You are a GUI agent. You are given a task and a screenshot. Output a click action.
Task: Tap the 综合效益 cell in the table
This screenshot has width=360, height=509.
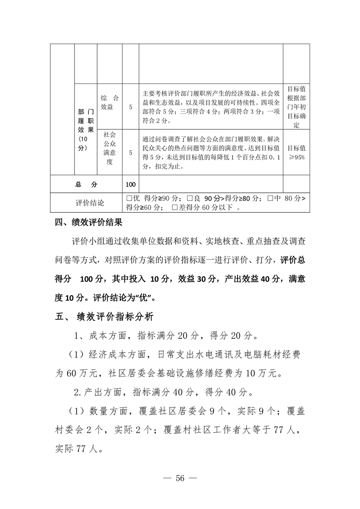coord(110,103)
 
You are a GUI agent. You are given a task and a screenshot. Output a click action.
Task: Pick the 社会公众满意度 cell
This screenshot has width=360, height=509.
coord(110,148)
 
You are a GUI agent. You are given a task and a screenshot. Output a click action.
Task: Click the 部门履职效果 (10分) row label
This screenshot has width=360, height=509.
coord(85,130)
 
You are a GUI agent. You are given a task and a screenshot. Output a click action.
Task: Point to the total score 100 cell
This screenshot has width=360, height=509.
coord(131,185)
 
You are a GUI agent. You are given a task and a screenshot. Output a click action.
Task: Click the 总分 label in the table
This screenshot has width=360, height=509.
coord(86,185)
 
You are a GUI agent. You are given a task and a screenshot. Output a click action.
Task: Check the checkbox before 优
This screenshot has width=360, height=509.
coord(129,198)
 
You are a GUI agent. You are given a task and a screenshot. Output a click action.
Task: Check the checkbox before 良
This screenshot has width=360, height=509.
coord(190,198)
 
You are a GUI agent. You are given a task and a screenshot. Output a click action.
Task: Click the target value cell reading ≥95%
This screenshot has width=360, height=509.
coord(296,152)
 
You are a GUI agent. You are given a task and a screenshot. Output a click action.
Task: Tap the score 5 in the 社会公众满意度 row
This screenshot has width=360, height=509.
coord(131,153)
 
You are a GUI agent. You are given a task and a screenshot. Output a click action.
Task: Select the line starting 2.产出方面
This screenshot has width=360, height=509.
coord(166,392)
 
